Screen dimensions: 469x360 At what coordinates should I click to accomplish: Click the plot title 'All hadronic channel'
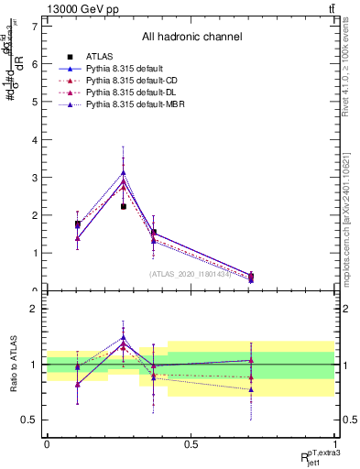click(191, 38)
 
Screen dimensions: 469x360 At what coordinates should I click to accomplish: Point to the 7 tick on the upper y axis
click(34, 26)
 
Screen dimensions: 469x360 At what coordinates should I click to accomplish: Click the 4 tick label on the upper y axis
click(34, 139)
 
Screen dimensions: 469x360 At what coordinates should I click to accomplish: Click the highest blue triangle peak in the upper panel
click(124, 171)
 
